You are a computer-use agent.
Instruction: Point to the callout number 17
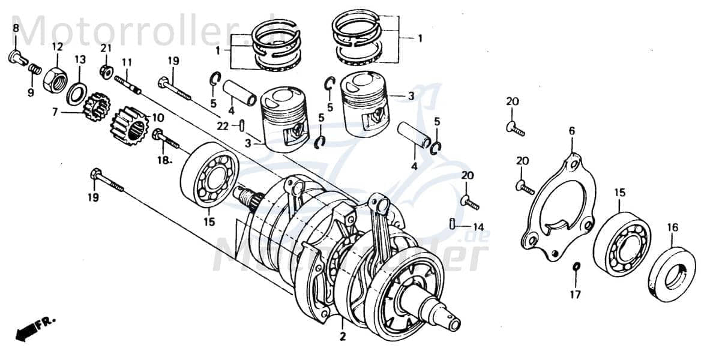tap(576, 295)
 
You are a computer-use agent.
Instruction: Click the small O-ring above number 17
tap(576, 266)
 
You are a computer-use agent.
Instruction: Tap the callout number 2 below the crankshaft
tap(343, 337)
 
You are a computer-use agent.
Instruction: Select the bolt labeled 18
tap(166, 139)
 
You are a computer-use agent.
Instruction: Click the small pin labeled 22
tap(241, 125)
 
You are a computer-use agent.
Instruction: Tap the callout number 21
tap(106, 48)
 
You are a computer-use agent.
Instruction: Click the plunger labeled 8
tap(16, 58)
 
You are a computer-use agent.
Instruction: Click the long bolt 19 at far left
tap(107, 181)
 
